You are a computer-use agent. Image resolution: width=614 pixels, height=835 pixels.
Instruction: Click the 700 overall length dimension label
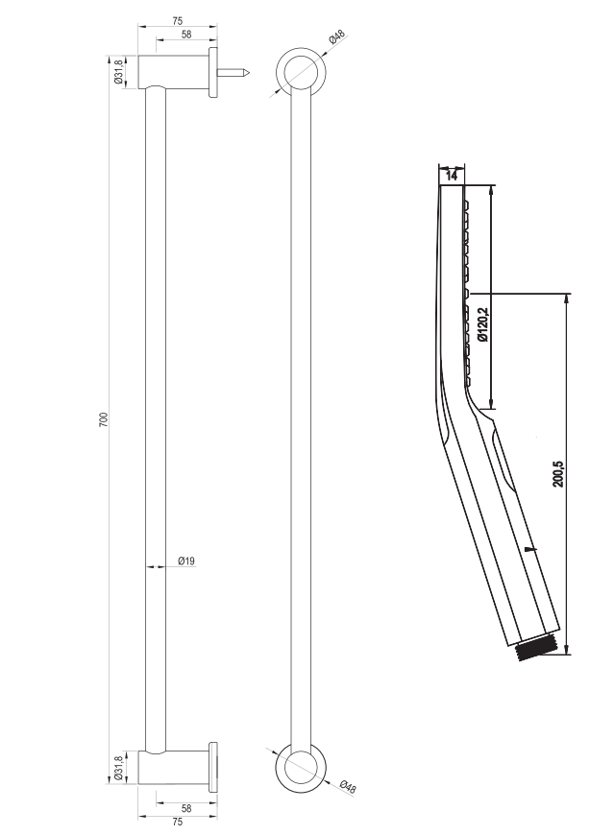(105, 419)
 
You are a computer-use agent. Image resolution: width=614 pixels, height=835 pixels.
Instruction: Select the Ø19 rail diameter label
(186, 561)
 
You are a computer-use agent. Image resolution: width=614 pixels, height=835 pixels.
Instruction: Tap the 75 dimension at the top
(178, 21)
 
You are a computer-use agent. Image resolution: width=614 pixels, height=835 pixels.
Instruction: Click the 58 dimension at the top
(186, 35)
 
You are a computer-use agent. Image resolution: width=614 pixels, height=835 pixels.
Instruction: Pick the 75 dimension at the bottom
(178, 822)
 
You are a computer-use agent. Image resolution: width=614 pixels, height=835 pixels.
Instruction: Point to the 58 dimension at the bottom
(186, 808)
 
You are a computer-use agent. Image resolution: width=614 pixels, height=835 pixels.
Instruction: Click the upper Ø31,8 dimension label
(119, 72)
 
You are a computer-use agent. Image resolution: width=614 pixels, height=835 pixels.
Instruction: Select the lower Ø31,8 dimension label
(119, 768)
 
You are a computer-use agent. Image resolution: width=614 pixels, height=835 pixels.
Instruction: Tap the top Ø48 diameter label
(337, 37)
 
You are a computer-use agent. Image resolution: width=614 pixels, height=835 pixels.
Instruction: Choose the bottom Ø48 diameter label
(348, 786)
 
